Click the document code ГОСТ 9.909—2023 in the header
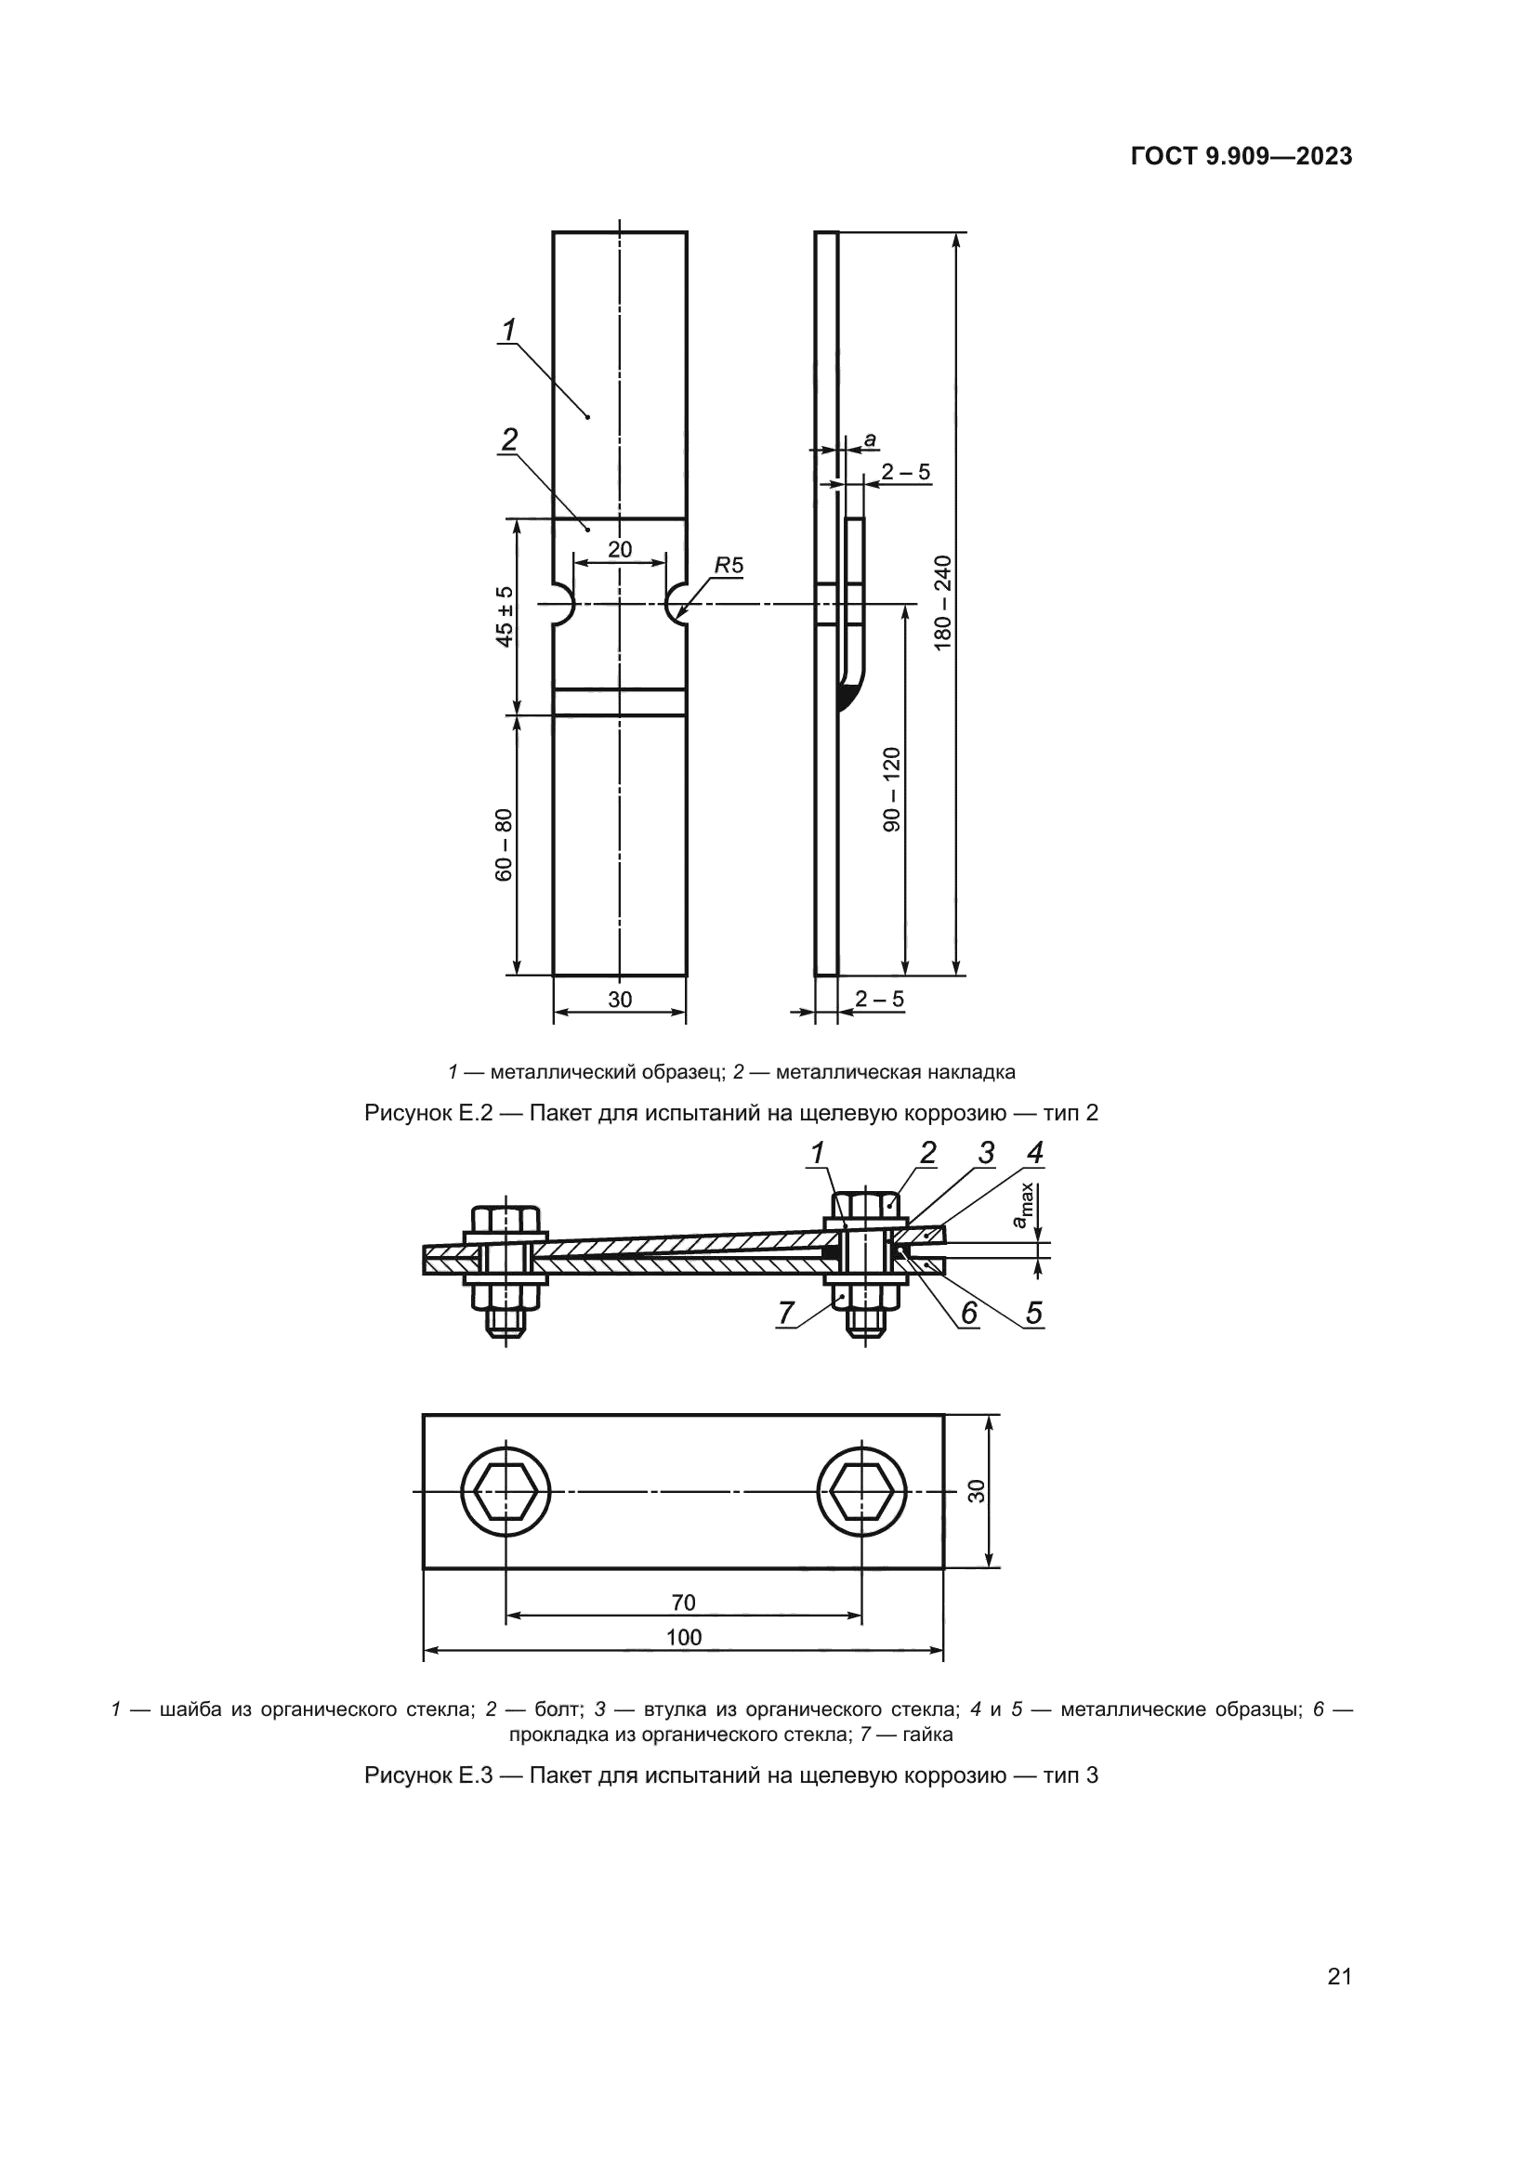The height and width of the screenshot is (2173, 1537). (1241, 157)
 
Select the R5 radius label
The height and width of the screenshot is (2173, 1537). (729, 566)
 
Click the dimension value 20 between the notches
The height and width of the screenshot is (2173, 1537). (620, 550)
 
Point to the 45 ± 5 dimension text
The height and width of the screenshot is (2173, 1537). (506, 616)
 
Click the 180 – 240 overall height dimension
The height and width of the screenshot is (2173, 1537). (942, 602)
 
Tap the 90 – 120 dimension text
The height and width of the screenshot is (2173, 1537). (891, 790)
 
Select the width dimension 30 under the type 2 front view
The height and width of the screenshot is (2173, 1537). (620, 1000)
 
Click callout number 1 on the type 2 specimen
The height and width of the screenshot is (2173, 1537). (509, 331)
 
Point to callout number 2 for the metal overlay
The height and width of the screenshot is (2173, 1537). (509, 440)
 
